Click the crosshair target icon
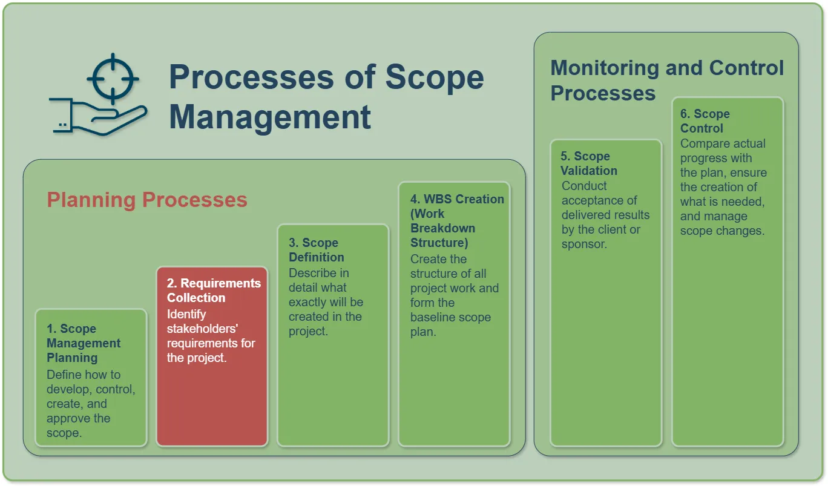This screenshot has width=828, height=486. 113,79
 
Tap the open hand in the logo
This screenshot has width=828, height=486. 98,117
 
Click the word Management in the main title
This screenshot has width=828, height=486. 270,117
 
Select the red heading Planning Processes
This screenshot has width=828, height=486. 146,200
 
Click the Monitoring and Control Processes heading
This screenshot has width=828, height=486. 667,80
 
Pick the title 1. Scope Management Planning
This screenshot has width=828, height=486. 84,343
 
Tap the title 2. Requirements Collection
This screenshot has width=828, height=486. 214,291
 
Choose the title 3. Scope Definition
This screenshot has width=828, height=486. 317,250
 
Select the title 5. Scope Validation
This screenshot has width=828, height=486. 589,163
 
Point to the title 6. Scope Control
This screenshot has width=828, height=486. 705,121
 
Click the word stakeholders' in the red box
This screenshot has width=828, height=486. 202,329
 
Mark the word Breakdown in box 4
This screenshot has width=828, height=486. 443,228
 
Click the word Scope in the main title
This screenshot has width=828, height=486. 435,78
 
